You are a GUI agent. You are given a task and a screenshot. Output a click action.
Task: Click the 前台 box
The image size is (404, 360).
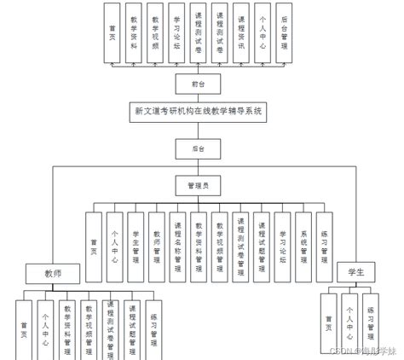click(x=199, y=83)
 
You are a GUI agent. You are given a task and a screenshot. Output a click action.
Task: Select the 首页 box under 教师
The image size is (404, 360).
click(x=24, y=328)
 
